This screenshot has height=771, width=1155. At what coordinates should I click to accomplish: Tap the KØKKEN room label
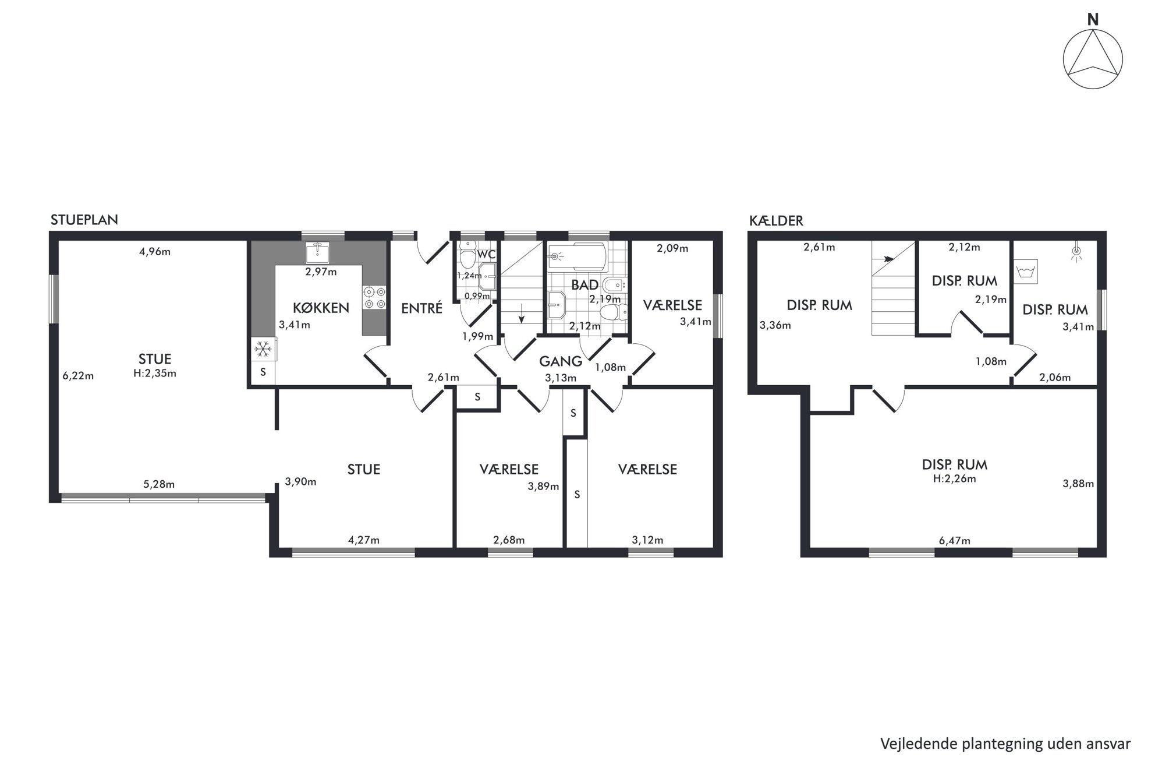(321, 308)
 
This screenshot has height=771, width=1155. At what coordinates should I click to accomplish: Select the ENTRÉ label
(421, 308)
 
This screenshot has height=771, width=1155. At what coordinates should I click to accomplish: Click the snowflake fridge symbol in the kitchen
(263, 350)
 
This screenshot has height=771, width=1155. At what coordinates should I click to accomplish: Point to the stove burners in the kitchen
(374, 297)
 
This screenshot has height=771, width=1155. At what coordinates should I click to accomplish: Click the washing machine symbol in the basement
(1025, 271)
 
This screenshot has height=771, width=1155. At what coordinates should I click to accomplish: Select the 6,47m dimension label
(954, 540)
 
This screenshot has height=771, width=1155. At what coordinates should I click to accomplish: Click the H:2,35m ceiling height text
(154, 373)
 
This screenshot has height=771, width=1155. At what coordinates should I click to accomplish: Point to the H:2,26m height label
(954, 478)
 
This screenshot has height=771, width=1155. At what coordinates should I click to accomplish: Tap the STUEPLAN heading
(84, 220)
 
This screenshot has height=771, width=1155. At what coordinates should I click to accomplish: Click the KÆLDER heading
(777, 221)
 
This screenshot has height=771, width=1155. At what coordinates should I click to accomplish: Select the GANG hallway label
(560, 361)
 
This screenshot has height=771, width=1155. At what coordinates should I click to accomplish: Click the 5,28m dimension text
(159, 484)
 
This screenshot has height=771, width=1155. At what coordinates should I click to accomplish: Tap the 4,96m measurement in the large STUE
(155, 252)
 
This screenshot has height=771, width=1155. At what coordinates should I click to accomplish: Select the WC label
(486, 255)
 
